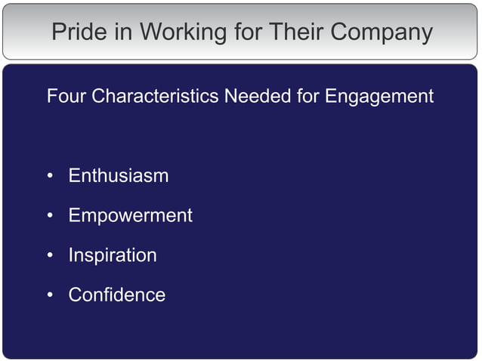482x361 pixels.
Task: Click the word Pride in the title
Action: (77, 32)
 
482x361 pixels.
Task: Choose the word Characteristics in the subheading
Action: (154, 97)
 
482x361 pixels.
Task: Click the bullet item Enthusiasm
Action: (118, 176)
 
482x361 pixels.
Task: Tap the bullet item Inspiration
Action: (113, 255)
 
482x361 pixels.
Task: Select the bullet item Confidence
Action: (116, 295)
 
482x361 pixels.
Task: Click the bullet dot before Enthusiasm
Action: (50, 177)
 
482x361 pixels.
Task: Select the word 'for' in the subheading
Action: (308, 97)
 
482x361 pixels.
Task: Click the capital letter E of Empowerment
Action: (74, 216)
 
